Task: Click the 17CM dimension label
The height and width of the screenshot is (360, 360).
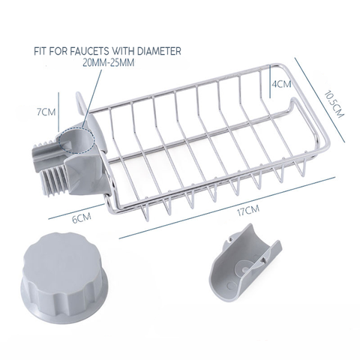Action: click(x=248, y=211)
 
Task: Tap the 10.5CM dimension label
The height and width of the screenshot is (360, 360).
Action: click(x=334, y=103)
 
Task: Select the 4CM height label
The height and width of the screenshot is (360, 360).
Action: click(x=281, y=84)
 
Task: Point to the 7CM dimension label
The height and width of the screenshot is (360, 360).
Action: click(x=46, y=112)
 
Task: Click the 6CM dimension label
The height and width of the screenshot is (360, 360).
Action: click(x=81, y=218)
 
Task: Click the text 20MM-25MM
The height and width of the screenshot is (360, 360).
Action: click(x=109, y=62)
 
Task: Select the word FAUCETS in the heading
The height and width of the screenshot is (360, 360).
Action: click(x=88, y=51)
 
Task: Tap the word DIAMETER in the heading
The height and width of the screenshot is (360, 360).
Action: click(x=159, y=51)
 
